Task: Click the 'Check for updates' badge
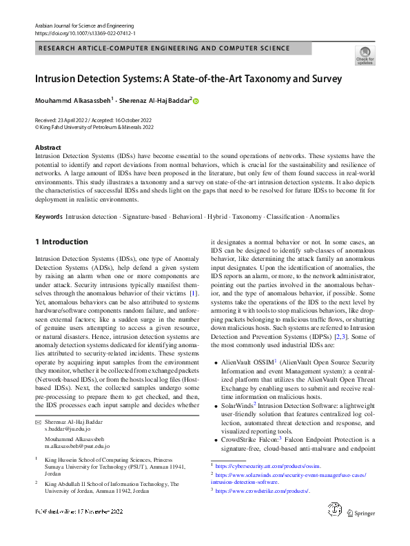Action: click(x=365, y=55)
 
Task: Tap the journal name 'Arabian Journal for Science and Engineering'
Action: click(x=88, y=25)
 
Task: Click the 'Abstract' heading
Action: click(x=49, y=148)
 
